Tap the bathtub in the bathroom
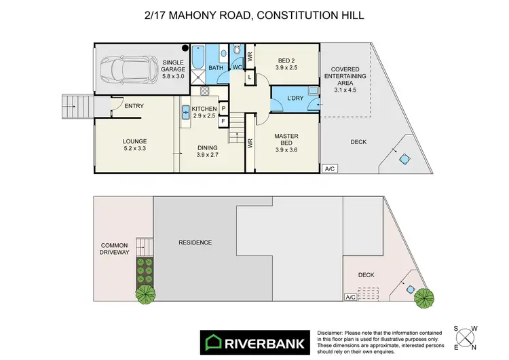click(x=198, y=60)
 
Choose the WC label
click(x=237, y=67)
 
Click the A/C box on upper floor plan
click(x=331, y=168)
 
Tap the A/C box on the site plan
click(x=350, y=297)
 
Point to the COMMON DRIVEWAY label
click(x=115, y=249)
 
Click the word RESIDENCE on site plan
click(x=195, y=242)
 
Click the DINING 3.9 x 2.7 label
click(x=207, y=152)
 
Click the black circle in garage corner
click(x=184, y=48)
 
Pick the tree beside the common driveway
click(x=145, y=294)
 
